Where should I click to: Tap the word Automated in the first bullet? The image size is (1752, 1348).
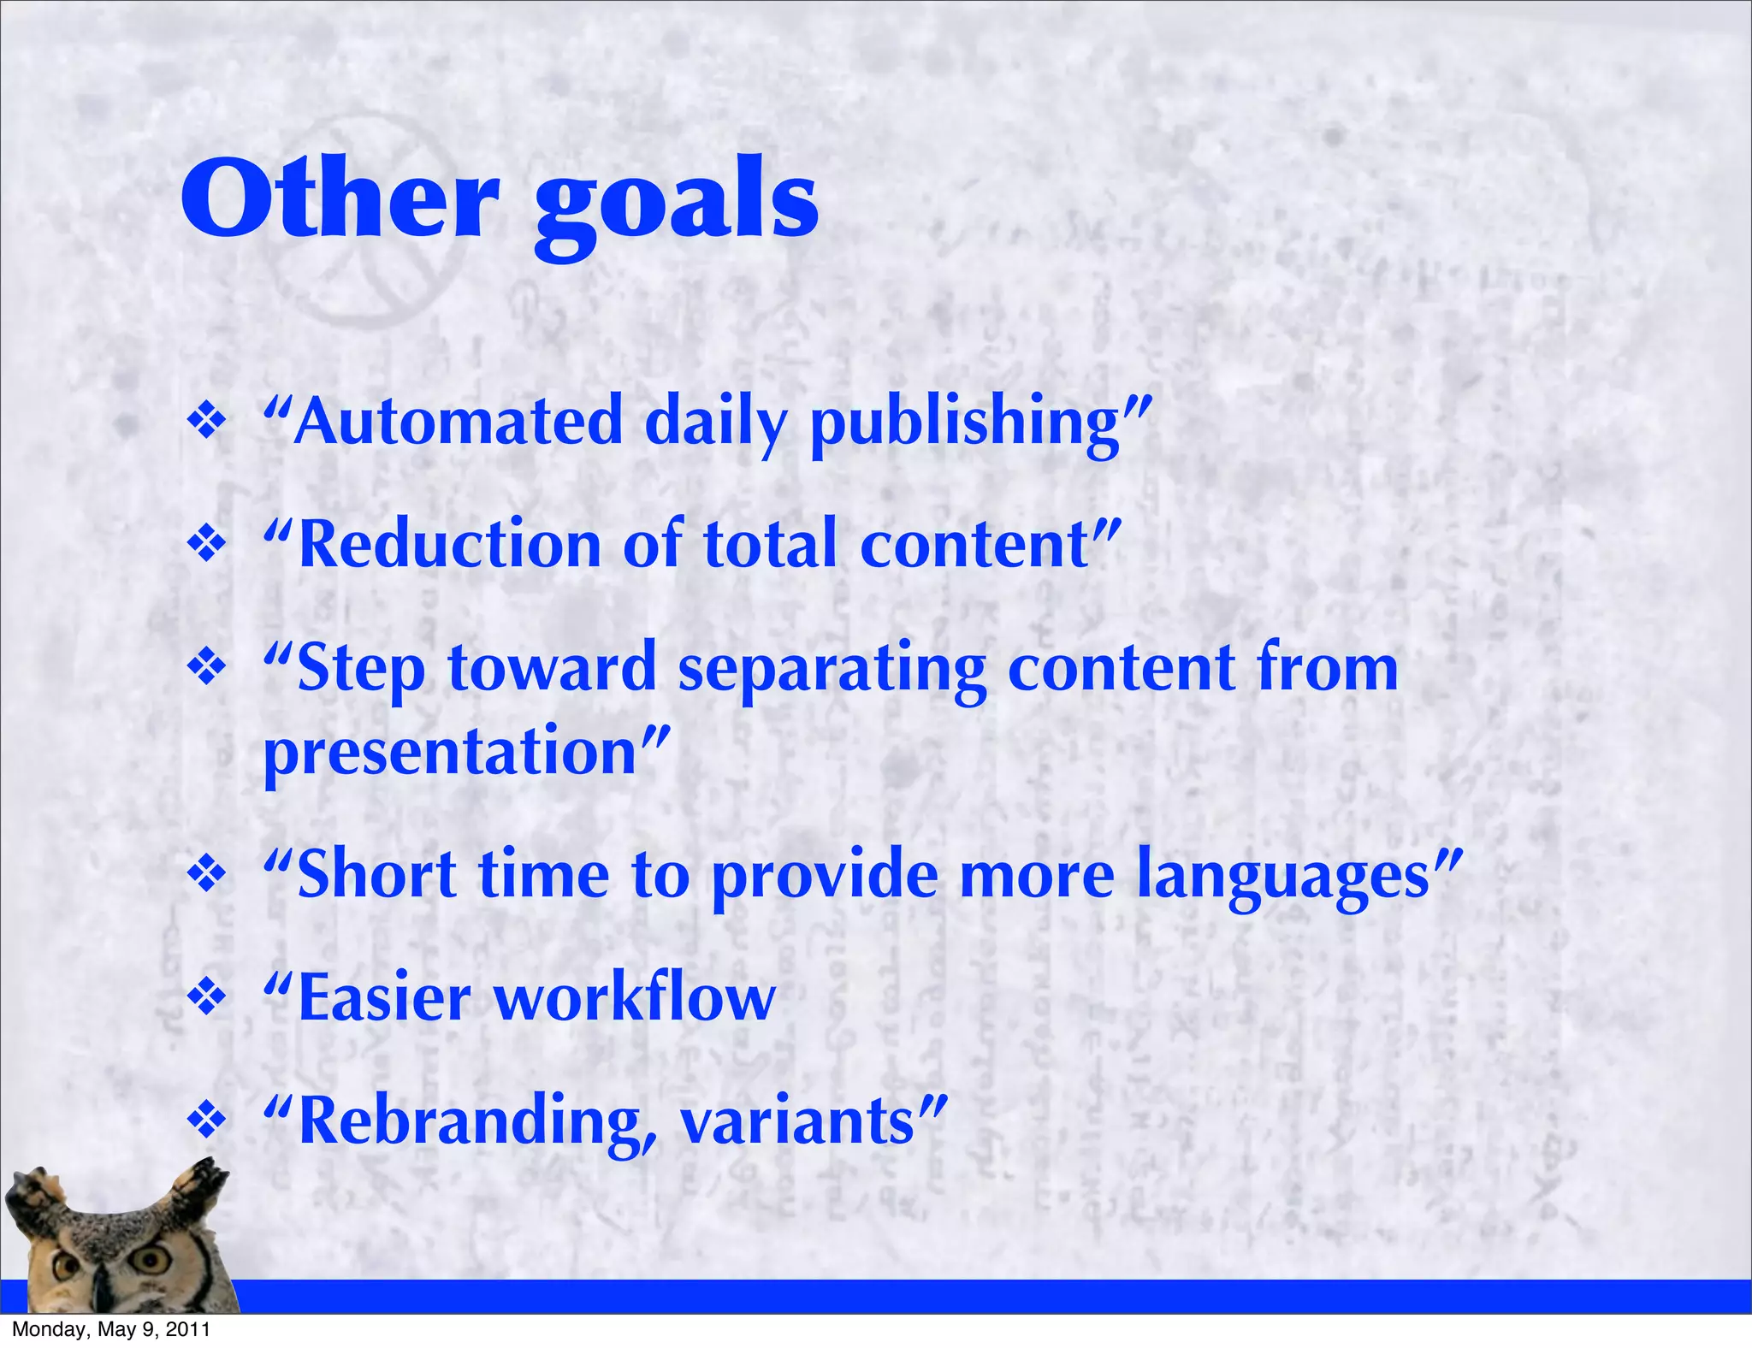tap(458, 422)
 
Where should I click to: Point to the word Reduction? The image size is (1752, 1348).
tap(450, 545)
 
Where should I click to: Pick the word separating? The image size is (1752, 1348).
tap(832, 670)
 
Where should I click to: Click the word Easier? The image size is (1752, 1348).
tap(384, 999)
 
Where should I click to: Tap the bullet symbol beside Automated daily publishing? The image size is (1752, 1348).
tap(206, 422)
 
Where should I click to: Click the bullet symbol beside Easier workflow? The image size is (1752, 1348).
tap(206, 996)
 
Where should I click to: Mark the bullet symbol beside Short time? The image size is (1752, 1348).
tap(206, 874)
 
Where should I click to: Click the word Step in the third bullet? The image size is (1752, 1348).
tap(360, 670)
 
